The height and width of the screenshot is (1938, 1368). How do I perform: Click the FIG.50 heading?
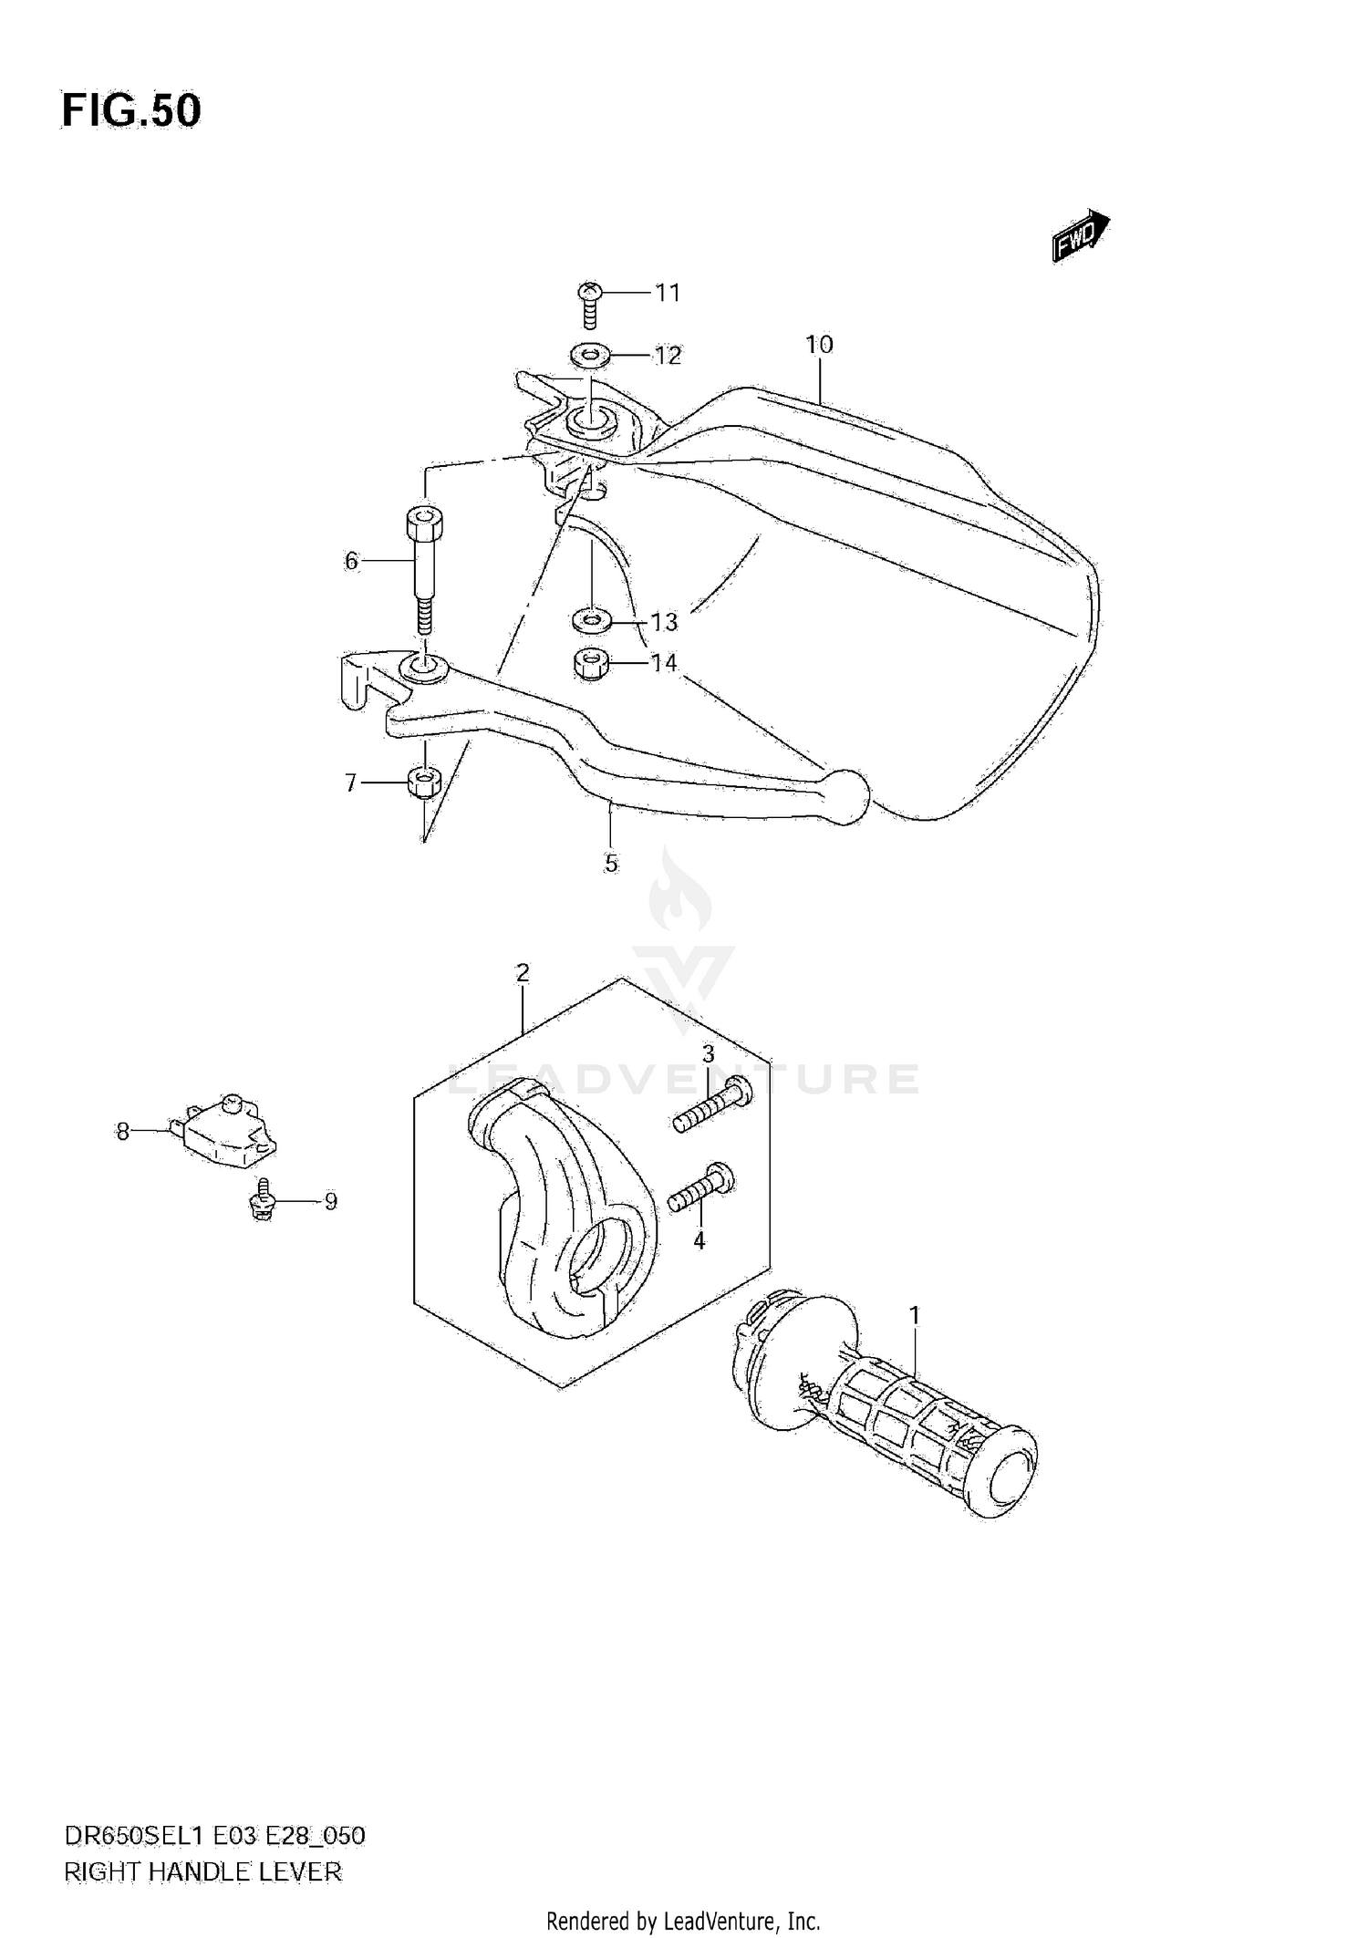coord(131,111)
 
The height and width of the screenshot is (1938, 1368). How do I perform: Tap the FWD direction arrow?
coord(1080,236)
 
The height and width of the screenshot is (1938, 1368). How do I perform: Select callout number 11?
coord(668,293)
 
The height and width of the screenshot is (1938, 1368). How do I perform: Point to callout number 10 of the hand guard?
coord(819,345)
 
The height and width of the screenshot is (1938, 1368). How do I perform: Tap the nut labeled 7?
coord(423,782)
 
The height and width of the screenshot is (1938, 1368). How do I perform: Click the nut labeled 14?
coord(591,662)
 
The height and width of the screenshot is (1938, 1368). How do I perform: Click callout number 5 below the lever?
coord(611,863)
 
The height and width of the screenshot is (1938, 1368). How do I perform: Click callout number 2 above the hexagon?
coord(523,973)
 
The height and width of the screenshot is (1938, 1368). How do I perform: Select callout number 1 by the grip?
coord(914,1315)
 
